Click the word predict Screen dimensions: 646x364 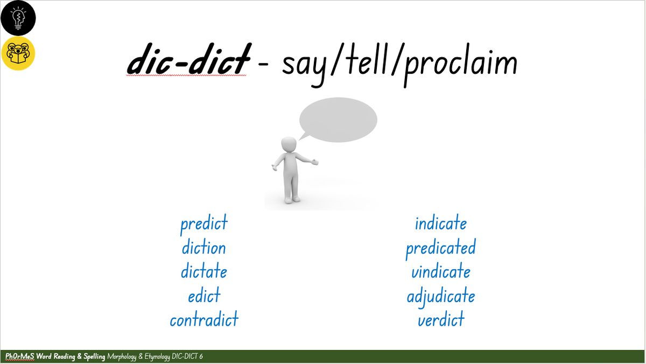tap(204, 224)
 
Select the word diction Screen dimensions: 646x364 tap(203, 247)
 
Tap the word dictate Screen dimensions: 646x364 tap(204, 271)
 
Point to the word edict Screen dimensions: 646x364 tap(204, 295)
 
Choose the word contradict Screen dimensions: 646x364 tap(204, 319)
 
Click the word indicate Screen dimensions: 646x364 tap(441, 223)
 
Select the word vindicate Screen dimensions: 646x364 tap(441, 271)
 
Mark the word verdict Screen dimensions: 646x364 tap(441, 319)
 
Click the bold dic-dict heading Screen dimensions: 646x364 tap(189, 59)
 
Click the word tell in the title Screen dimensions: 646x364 tap(366, 59)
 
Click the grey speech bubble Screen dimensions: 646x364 tap(338, 120)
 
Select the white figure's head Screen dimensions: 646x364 tap(289, 144)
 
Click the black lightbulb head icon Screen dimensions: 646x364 tap(18, 18)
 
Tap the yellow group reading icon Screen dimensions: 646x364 tap(18, 53)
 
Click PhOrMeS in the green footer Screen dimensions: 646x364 tap(19, 356)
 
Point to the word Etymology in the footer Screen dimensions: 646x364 tap(157, 357)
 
